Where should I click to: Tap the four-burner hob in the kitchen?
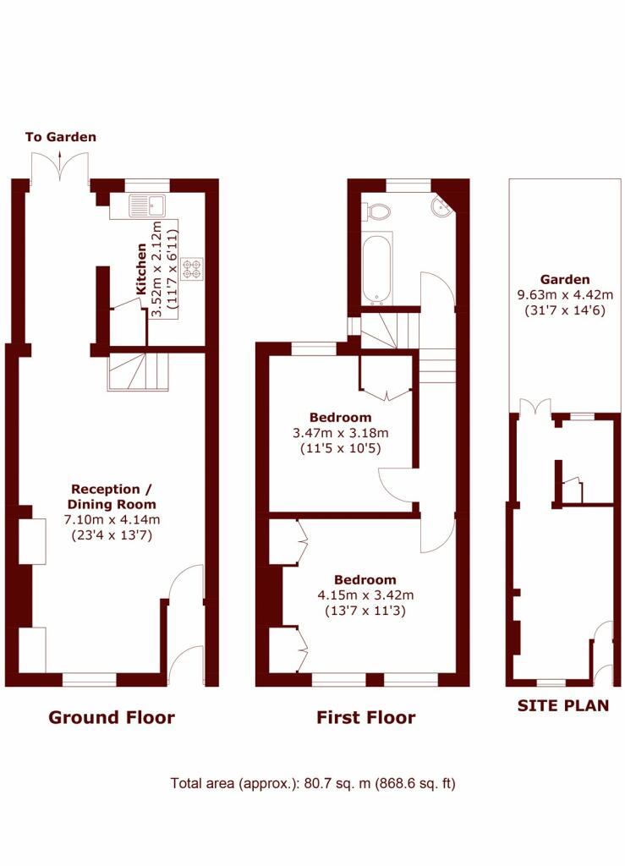point(193,268)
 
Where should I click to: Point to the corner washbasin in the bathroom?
point(441,206)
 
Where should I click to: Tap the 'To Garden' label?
point(61,137)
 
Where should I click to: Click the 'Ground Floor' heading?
point(112,717)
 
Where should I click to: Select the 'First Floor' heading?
point(365,717)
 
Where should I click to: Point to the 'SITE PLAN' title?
point(563,705)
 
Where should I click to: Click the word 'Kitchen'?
point(141,269)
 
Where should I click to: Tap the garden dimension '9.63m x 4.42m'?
point(565,295)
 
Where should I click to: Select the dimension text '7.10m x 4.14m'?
point(112,520)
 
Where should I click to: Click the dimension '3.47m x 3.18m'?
point(341,433)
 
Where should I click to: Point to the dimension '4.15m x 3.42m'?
point(365,595)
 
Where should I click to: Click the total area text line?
point(313,783)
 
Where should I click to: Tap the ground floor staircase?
point(138,372)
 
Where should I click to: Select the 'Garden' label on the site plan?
point(565,279)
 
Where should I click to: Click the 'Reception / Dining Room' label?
point(112,496)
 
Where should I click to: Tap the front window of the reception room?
point(90,680)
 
